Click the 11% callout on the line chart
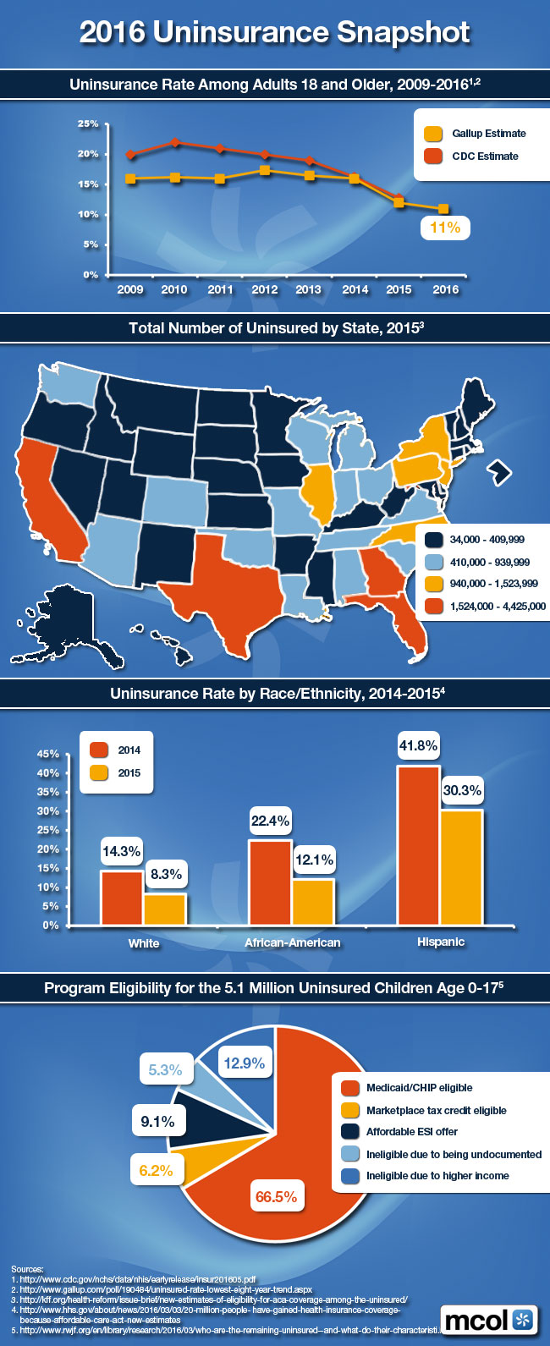point(445,227)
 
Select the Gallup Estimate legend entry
point(479,134)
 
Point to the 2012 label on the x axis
point(264,289)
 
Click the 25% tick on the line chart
point(88,124)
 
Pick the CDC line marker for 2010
point(174,142)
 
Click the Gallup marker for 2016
point(443,209)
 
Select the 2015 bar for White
point(165,909)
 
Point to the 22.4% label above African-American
point(270,821)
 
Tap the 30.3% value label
point(462,791)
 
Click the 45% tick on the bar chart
point(48,754)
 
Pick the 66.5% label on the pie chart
point(276,1196)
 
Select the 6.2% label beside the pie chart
point(156,1171)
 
